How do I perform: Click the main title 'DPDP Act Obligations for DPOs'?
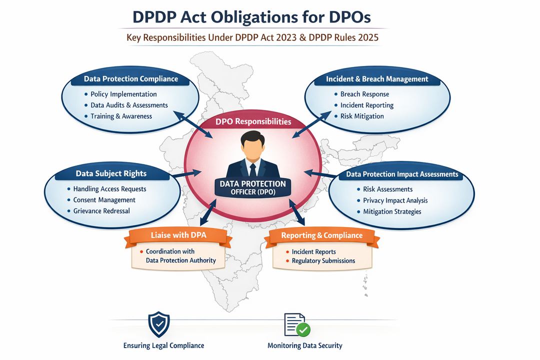pos(252,17)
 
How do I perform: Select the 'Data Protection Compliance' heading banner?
pos(130,79)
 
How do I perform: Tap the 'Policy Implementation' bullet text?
pos(123,94)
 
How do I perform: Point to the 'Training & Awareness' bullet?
pos(121,116)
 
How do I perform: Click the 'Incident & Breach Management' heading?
pos(377,79)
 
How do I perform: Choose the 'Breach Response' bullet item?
pos(364,94)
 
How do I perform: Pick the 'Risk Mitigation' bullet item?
pos(362,116)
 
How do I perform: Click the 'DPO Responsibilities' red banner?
pos(253,121)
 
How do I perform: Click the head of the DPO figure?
pos(253,143)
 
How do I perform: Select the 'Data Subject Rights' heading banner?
pos(111,173)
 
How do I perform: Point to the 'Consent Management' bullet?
pos(104,200)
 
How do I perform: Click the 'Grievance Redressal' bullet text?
pos(101,211)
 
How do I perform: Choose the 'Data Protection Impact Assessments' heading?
pos(402,174)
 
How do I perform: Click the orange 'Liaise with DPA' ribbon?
pos(178,235)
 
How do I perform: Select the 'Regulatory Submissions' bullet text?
pos(323,260)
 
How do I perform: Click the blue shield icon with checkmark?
pos(159,324)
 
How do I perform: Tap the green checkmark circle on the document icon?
pos(303,329)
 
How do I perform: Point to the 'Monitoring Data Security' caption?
pos(304,345)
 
